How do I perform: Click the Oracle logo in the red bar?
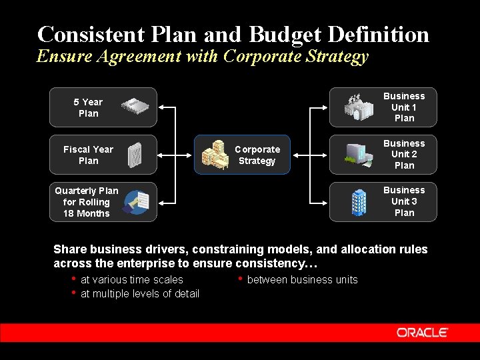click(x=422, y=332)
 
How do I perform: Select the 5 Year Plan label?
click(x=88, y=107)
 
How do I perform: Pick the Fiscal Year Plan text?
click(x=88, y=155)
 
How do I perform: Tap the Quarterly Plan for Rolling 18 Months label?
click(x=87, y=202)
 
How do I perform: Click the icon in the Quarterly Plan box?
click(x=139, y=201)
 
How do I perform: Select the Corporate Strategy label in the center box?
click(x=257, y=155)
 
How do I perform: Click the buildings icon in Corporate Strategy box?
click(x=215, y=155)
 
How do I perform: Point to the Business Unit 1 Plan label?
click(x=404, y=107)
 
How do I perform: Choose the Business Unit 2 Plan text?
click(x=404, y=155)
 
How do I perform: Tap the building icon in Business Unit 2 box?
click(x=359, y=154)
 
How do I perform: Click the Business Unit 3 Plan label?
click(x=404, y=202)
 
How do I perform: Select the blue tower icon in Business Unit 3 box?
click(x=359, y=202)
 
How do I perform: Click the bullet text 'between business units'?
click(x=302, y=280)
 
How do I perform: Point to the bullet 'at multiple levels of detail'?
click(x=139, y=294)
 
